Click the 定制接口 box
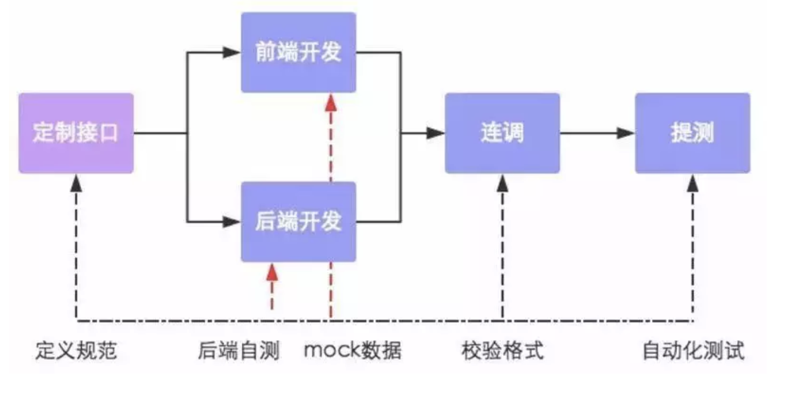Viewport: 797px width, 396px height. [x=76, y=133]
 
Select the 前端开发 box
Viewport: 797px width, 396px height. [x=298, y=53]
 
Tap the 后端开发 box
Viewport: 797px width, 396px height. [x=298, y=221]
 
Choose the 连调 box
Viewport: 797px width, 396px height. [x=502, y=133]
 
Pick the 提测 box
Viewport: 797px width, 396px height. [x=692, y=133]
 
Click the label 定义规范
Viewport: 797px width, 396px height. [x=76, y=351]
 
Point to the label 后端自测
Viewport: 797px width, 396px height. [x=238, y=351]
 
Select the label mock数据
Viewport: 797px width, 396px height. [x=353, y=351]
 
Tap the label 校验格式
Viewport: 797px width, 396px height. [x=503, y=351]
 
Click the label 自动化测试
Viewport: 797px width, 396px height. [x=693, y=351]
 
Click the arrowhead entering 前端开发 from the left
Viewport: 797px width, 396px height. [x=232, y=53]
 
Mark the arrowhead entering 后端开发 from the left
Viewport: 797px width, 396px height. [x=232, y=221]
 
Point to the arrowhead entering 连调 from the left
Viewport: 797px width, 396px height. [x=435, y=133]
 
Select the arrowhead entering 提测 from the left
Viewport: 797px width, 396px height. [x=626, y=133]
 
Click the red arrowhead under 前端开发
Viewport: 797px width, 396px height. [x=331, y=102]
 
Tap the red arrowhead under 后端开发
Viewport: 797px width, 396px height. [x=272, y=272]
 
